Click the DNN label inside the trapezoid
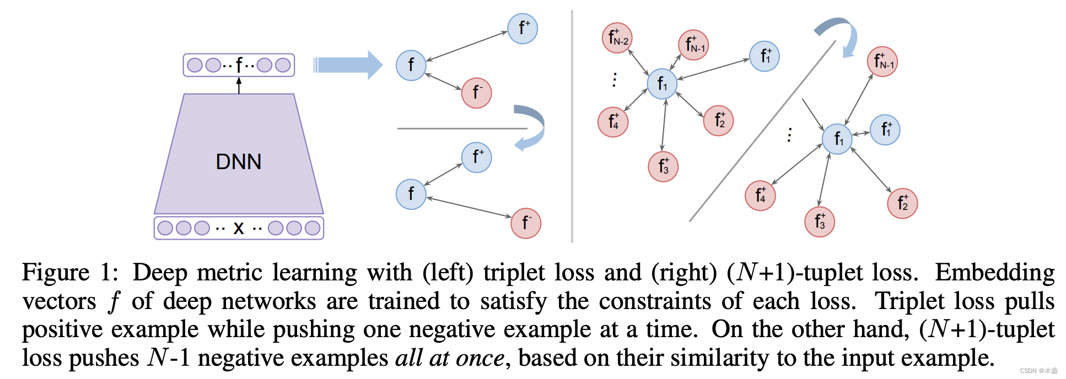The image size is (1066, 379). [238, 161]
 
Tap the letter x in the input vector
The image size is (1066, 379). [238, 228]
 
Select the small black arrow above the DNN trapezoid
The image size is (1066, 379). [239, 85]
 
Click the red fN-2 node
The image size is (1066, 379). [617, 38]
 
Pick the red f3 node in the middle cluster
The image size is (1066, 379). [663, 166]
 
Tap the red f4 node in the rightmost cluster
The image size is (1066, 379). [760, 196]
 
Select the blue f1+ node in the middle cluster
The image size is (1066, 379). [764, 56]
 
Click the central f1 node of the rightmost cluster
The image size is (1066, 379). [837, 139]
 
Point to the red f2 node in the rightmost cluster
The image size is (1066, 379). [902, 203]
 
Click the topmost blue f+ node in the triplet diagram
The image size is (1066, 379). [522, 29]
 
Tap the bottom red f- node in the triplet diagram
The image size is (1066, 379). [526, 223]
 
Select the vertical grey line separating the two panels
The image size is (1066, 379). [572, 127]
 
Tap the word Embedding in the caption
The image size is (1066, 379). [994, 273]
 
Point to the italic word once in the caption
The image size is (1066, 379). [480, 358]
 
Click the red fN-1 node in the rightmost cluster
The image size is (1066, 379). [882, 62]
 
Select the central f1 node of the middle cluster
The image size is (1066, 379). [661, 84]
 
